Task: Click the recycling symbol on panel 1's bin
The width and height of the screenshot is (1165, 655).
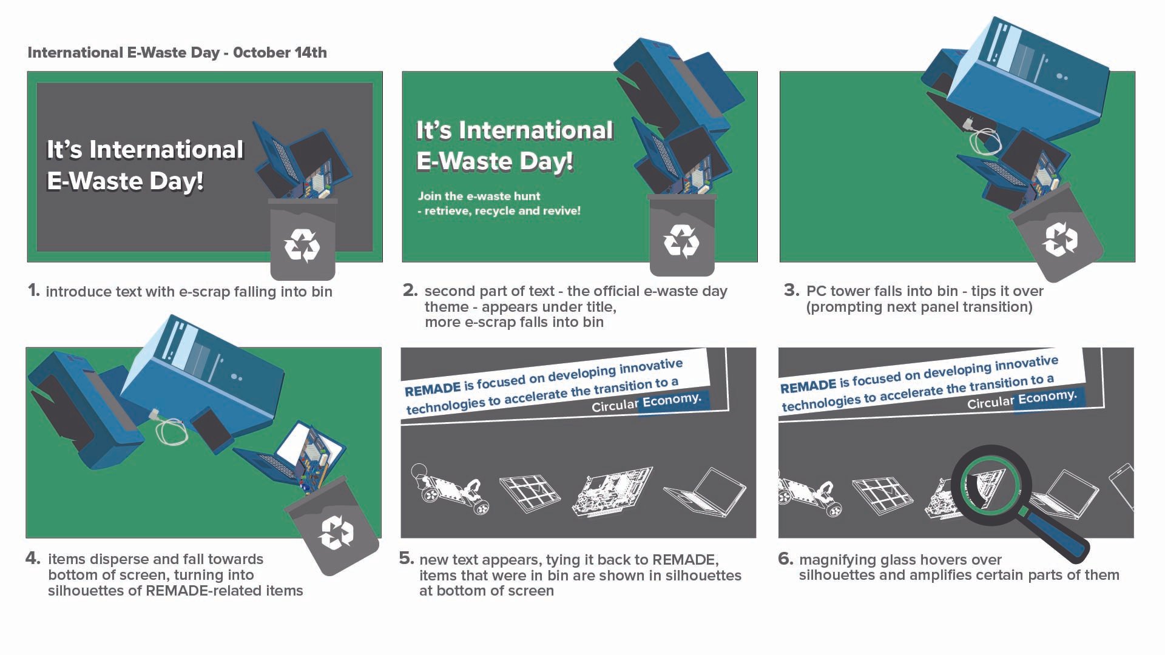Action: point(302,245)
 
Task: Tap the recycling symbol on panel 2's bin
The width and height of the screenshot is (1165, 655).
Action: point(681,241)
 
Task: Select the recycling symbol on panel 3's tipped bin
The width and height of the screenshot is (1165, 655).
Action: point(1059,238)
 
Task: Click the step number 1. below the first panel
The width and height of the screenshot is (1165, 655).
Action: point(34,291)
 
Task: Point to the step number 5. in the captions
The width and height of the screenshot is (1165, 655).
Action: point(407,559)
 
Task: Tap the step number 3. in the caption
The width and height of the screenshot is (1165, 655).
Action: point(791,291)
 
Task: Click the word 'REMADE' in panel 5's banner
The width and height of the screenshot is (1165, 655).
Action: point(433,388)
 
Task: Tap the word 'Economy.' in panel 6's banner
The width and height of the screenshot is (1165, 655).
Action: point(1047,397)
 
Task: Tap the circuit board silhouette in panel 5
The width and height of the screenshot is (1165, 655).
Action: point(613,492)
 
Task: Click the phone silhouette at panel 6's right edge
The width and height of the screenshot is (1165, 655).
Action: point(1123,485)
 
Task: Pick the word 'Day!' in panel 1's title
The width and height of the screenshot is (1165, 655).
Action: point(175,181)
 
